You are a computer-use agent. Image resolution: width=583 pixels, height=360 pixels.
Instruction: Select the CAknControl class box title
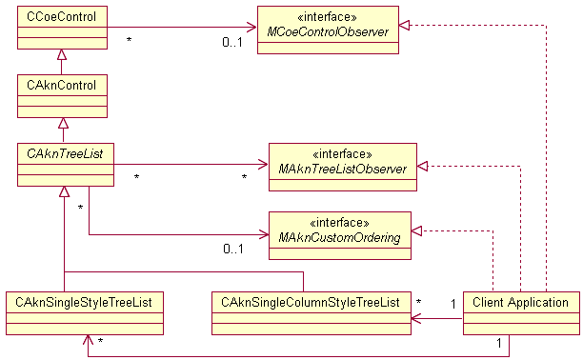(55, 84)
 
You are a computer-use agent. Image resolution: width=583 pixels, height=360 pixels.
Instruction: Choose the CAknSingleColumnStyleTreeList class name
(310, 302)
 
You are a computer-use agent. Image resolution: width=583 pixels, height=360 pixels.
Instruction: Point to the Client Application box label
(520, 302)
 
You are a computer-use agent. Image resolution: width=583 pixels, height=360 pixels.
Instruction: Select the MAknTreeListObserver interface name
(342, 170)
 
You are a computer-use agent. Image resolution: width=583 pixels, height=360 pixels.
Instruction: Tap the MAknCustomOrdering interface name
(340, 238)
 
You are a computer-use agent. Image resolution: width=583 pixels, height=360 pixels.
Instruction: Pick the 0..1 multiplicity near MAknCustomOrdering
(233, 250)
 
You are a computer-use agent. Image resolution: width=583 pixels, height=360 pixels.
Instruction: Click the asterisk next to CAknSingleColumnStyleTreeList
(419, 302)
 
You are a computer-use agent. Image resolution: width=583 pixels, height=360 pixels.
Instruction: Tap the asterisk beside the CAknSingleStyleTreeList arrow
(100, 340)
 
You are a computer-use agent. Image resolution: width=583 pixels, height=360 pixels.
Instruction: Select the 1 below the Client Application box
(499, 341)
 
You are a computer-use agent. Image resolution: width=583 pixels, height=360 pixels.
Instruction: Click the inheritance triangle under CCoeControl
(63, 55)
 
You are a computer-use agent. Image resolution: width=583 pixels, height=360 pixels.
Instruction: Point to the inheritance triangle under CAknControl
(63, 123)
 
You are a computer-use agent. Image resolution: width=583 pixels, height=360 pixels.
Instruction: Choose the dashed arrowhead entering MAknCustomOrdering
(417, 230)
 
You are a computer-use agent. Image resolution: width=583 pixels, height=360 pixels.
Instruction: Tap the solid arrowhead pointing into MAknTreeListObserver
(263, 163)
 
